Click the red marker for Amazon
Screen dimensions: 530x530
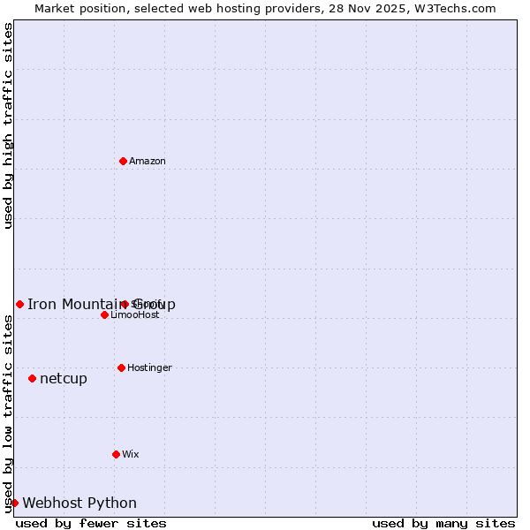[123, 161]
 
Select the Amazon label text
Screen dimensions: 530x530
[148, 161]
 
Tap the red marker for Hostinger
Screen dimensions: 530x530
[121, 367]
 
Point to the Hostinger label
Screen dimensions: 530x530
[149, 367]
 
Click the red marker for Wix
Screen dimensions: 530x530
[116, 454]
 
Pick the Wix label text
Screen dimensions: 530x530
[131, 454]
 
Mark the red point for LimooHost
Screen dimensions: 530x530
[104, 314]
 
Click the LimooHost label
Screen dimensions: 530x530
[135, 315]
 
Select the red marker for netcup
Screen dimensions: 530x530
[32, 378]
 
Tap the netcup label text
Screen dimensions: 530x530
[64, 379]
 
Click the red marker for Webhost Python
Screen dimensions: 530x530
[14, 503]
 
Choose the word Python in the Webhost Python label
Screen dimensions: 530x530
[112, 503]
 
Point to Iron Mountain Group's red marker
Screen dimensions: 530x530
[19, 304]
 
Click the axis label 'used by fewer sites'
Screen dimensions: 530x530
[91, 523]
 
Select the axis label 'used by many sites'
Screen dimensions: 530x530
[443, 523]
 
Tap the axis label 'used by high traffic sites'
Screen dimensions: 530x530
[9, 125]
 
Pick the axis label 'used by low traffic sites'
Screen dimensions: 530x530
[9, 413]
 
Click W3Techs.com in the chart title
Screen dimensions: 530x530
[458, 8]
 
